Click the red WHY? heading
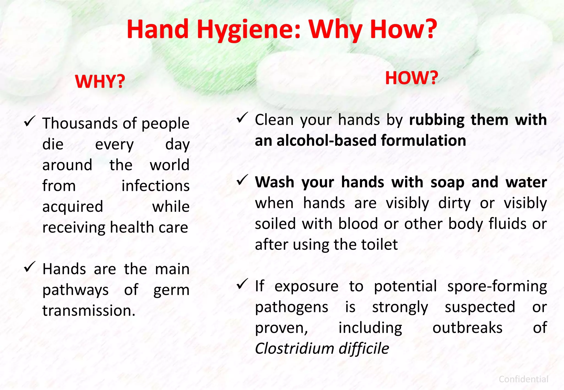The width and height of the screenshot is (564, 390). click(100, 82)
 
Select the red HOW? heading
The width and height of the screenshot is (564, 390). click(411, 78)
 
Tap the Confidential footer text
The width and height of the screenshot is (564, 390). click(523, 379)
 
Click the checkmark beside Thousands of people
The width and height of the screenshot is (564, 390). click(30, 121)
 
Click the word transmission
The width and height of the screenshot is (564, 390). click(89, 311)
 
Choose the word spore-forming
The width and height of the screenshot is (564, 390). click(497, 286)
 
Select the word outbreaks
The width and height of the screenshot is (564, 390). click(467, 328)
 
